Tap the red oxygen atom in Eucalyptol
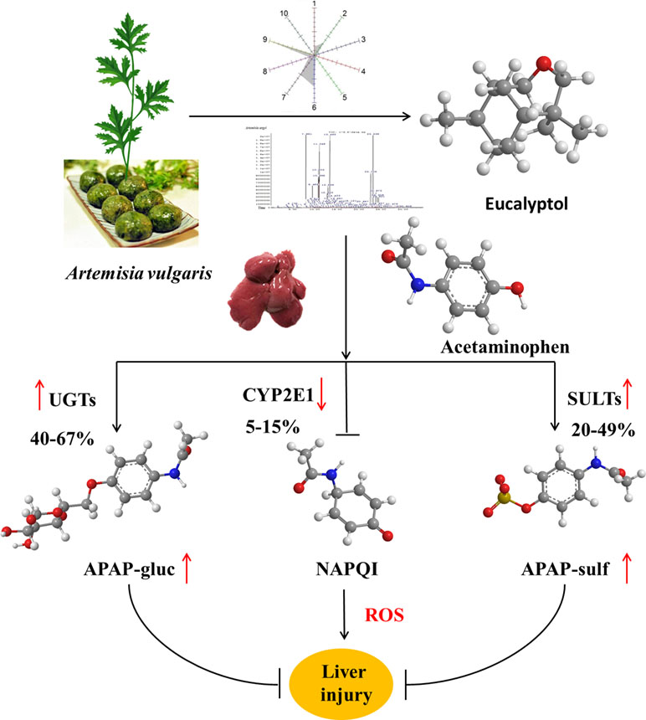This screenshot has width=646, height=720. [x=544, y=64]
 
